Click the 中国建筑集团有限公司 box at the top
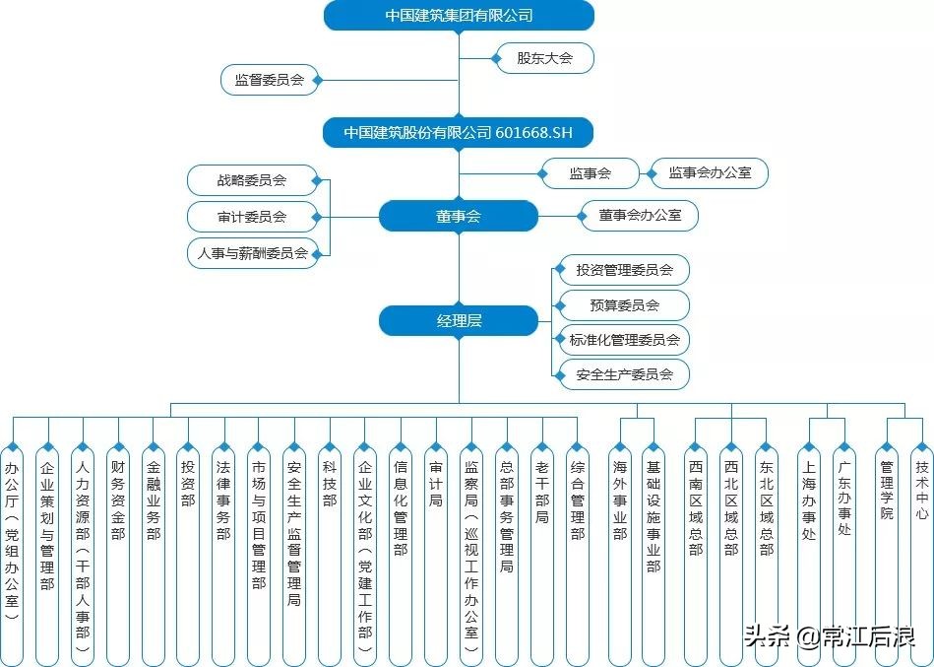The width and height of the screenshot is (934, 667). (459, 16)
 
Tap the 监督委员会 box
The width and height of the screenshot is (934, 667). (269, 81)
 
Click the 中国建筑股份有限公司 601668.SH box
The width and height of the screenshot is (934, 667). (459, 132)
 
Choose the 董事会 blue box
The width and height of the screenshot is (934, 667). (459, 216)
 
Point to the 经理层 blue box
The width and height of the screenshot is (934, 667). (459, 320)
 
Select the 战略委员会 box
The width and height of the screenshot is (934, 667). (253, 180)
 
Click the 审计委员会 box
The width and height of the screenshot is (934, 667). (253, 217)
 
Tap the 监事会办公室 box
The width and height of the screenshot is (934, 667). (709, 173)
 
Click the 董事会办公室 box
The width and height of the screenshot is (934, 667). (639, 215)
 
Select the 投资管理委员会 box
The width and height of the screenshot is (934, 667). (624, 270)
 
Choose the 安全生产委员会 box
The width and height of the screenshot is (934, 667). (624, 374)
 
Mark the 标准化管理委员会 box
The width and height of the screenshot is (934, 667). (624, 340)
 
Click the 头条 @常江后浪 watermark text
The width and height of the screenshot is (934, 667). (829, 636)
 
